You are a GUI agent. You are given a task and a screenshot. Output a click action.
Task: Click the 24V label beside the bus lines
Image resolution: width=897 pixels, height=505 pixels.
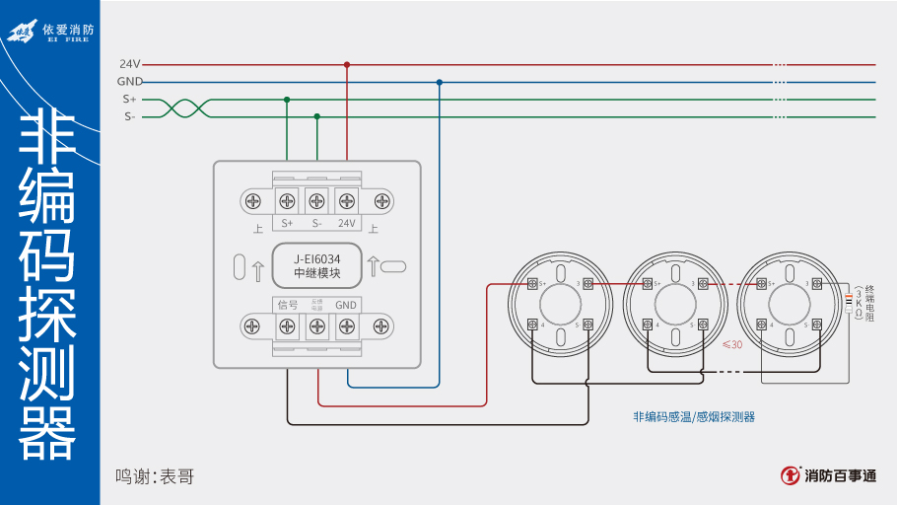click(x=130, y=64)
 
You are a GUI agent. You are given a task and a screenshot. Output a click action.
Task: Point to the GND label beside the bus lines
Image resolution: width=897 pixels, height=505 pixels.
click(x=130, y=82)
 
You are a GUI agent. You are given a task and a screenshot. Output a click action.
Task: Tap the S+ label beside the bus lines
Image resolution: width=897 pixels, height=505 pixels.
click(x=130, y=100)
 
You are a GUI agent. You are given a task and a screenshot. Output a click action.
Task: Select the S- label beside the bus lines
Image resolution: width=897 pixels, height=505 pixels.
click(x=130, y=116)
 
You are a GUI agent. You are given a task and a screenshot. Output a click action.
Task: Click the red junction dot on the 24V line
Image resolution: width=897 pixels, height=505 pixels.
click(x=347, y=64)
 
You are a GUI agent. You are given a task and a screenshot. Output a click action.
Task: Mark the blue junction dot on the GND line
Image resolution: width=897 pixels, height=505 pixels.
click(x=440, y=82)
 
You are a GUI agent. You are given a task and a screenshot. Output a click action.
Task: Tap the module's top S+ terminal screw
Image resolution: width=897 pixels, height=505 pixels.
click(x=287, y=201)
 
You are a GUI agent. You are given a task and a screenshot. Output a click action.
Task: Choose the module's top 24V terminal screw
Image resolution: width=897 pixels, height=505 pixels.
click(x=347, y=201)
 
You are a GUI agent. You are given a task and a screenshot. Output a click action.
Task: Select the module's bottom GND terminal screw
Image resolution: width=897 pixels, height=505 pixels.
click(x=347, y=325)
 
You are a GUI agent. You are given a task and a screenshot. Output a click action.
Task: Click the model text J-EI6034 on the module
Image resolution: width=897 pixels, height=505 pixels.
click(x=317, y=258)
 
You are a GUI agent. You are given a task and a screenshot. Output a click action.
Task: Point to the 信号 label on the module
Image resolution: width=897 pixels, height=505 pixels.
click(x=287, y=305)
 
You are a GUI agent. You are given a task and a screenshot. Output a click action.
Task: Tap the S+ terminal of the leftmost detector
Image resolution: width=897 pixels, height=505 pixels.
click(x=533, y=284)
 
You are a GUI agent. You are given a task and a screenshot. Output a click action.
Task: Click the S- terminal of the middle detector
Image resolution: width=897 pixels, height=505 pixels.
click(x=703, y=324)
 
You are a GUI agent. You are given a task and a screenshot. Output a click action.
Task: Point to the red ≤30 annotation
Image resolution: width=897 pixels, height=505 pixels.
click(x=732, y=345)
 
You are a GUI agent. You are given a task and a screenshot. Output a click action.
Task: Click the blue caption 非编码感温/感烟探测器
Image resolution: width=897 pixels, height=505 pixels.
click(x=694, y=417)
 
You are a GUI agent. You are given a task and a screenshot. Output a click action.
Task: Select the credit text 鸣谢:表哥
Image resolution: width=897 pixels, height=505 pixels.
click(x=155, y=476)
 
